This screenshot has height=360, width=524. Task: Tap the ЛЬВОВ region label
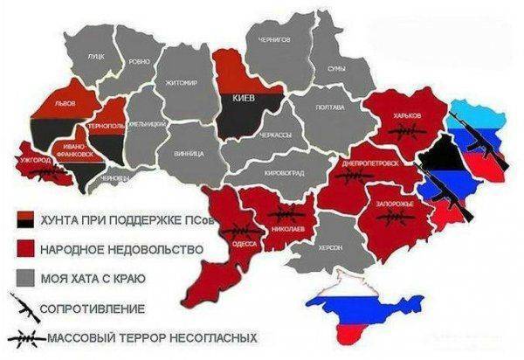pyautogui.click(x=64, y=103)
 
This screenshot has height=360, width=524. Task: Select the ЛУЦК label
pyautogui.click(x=95, y=56)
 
